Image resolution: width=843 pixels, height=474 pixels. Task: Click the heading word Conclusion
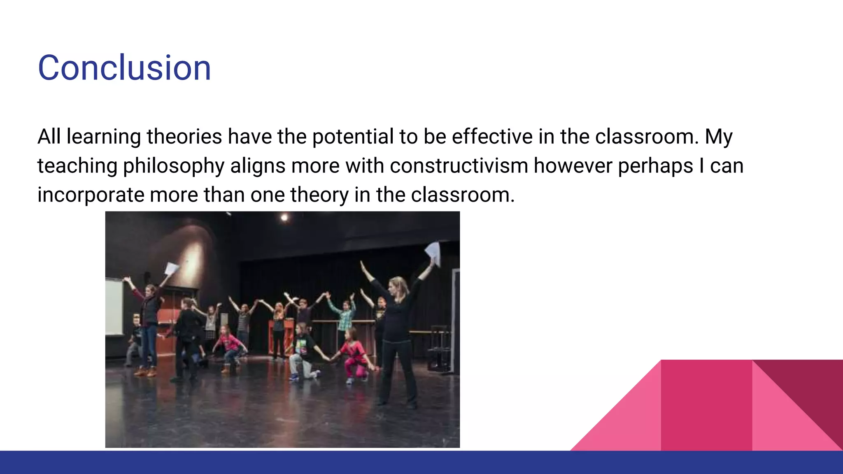click(124, 68)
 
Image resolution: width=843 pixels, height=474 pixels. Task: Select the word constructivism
click(459, 166)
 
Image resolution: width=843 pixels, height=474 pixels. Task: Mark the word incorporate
click(91, 195)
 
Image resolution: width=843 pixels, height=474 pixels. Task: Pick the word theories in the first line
click(184, 137)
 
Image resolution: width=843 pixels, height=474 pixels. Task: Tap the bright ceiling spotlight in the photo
click(284, 217)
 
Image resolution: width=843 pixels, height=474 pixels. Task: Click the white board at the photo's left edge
click(114, 307)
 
